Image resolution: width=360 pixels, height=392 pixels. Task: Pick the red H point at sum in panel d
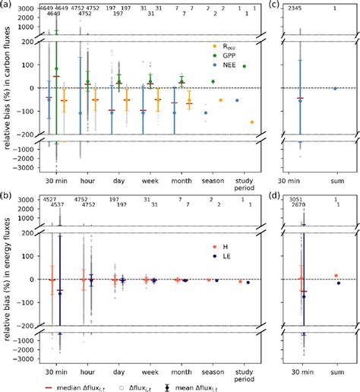point(336,276)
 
